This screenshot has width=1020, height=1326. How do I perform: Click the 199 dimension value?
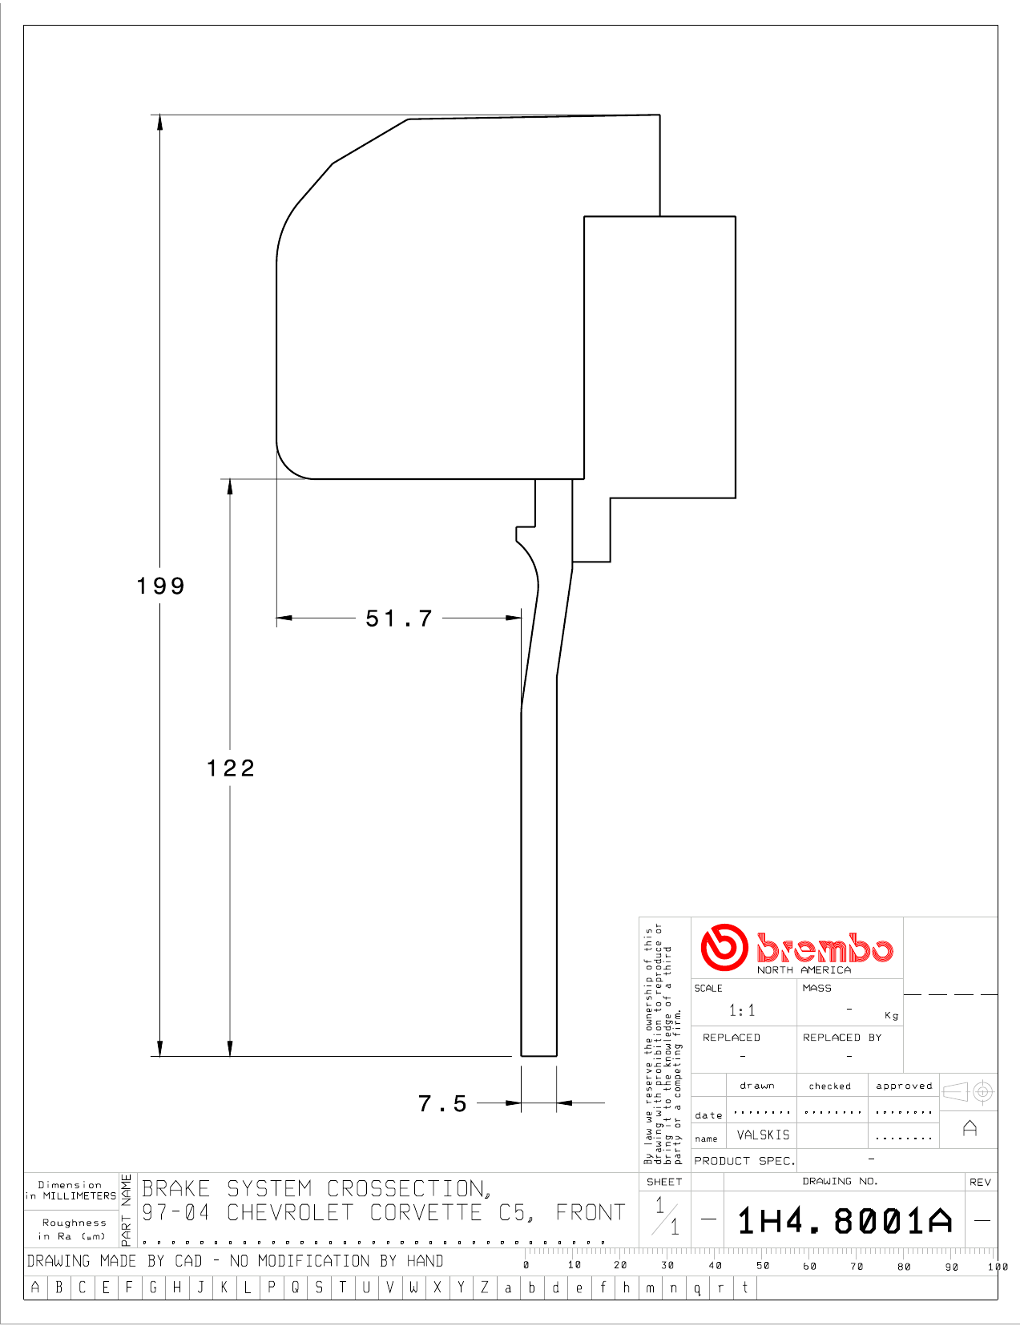(160, 586)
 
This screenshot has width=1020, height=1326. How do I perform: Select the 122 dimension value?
(231, 768)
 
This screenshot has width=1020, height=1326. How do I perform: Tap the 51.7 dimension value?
(399, 619)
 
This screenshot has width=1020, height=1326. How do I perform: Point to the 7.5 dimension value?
(442, 1103)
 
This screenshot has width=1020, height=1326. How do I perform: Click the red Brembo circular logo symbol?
(724, 947)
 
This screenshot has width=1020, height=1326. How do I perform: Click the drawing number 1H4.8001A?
(845, 1221)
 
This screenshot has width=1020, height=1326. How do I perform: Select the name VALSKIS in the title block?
(763, 1135)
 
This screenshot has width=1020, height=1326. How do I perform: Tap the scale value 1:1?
(742, 1010)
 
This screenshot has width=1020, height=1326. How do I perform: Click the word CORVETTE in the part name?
(425, 1212)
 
